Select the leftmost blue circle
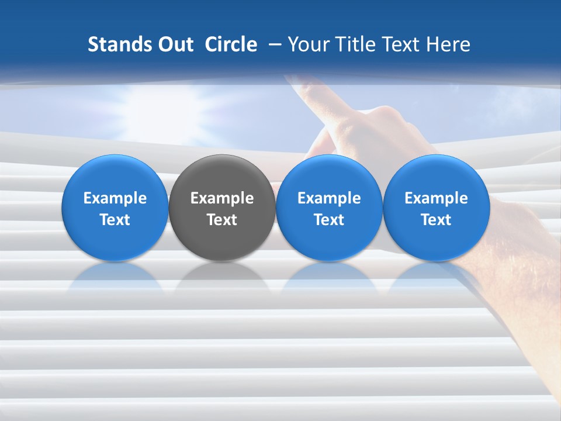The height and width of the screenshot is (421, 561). (115, 175)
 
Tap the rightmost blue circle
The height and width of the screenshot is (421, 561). (436, 175)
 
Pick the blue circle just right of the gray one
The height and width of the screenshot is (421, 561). (329, 175)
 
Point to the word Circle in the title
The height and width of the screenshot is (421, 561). (231, 44)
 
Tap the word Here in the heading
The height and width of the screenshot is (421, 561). (449, 44)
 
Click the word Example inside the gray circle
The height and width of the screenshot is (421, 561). (222, 198)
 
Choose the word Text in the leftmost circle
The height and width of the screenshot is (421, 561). (115, 220)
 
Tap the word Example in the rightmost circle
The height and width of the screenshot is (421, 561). (436, 198)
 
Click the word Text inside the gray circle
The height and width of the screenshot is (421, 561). (222, 220)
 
